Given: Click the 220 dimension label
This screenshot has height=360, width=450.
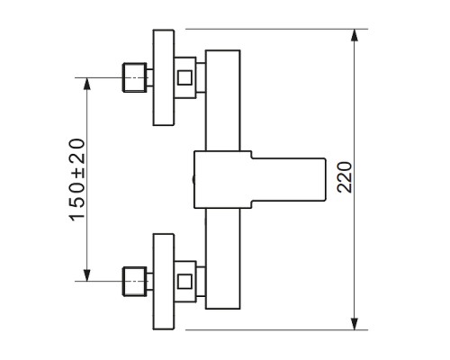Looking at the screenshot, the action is (x=344, y=177).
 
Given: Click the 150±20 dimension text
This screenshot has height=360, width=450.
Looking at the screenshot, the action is (x=77, y=180).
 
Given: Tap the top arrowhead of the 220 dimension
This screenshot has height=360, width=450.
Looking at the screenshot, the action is (x=355, y=35).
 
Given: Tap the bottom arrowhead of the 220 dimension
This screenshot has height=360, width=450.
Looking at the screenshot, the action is (x=355, y=324).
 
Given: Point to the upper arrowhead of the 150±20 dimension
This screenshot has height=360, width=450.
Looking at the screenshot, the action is (x=87, y=84).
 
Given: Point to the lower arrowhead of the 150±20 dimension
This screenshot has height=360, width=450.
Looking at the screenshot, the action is (x=87, y=275).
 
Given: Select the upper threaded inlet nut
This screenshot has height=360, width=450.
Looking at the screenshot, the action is (x=135, y=77).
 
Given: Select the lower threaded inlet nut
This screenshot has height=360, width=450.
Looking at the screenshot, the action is (x=135, y=282).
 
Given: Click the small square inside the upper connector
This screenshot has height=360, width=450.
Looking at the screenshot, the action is (x=184, y=77).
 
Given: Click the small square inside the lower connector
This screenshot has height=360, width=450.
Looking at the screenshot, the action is (x=184, y=282).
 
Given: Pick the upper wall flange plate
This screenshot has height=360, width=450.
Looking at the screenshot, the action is (x=164, y=77).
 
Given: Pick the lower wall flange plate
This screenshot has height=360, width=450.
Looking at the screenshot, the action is (x=164, y=282).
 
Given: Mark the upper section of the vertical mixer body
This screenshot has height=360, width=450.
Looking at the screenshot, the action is (x=223, y=101).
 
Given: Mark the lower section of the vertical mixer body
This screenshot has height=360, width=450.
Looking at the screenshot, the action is (x=223, y=258).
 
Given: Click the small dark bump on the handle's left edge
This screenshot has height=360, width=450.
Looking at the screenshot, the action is (x=193, y=179).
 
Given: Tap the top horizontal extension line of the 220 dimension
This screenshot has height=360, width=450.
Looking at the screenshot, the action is (x=276, y=29).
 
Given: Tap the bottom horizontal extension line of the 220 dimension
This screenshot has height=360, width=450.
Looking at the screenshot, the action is (x=276, y=330).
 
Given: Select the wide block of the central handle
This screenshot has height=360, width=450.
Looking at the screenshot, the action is (x=223, y=179).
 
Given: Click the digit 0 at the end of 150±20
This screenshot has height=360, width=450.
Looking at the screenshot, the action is (x=77, y=145).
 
